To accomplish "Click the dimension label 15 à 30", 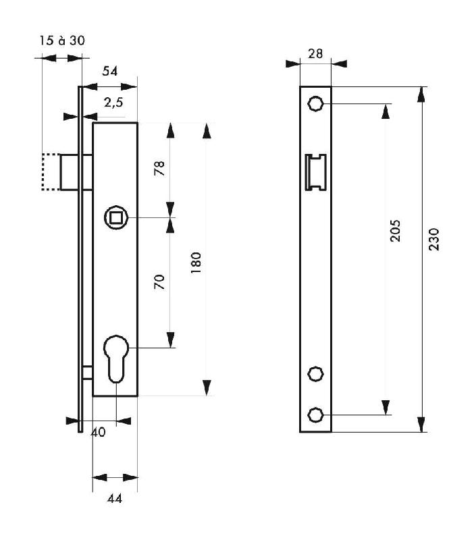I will click(61, 40).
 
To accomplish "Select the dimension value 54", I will click(110, 72).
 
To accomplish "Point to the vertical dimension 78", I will click(159, 168).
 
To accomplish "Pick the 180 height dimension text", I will click(196, 261).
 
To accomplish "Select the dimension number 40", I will click(98, 433).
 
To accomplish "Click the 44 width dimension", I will click(115, 499).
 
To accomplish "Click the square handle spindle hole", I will click(115, 217).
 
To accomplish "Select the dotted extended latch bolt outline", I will click(50, 172).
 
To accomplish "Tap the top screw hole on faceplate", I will click(315, 103).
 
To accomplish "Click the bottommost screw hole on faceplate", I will click(315, 414).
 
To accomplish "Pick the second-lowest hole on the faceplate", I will click(315, 373).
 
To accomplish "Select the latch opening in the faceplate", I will click(315, 171).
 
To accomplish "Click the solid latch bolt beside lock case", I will click(75, 172).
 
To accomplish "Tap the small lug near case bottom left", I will click(87, 372).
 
